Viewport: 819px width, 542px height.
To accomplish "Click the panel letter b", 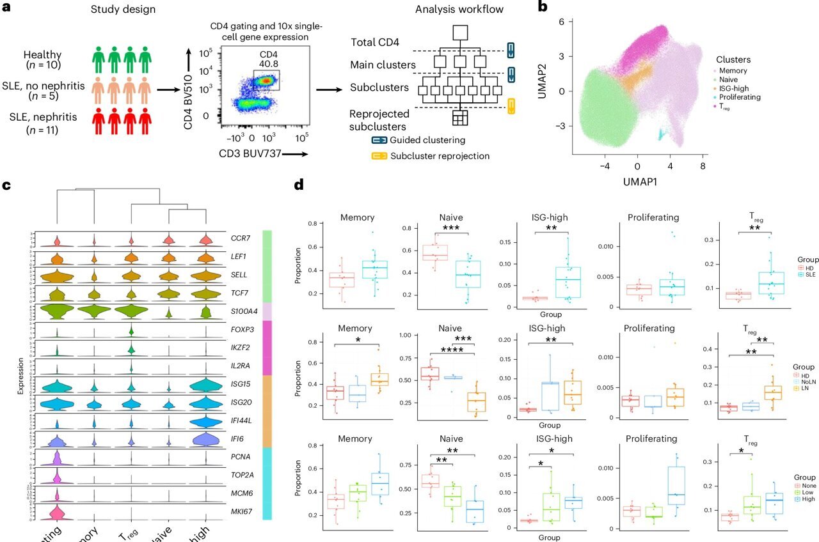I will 543,8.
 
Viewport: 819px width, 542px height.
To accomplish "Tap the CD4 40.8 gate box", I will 266,80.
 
